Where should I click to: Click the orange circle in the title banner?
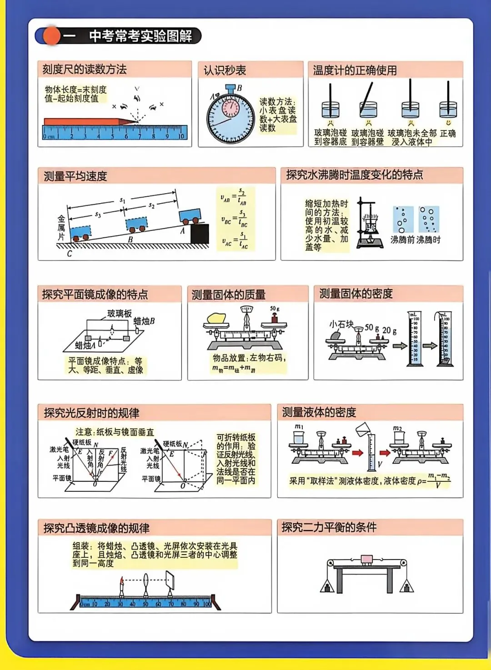tap(51, 36)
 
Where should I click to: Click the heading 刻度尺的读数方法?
tap(85, 70)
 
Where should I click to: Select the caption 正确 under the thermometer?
tap(448, 133)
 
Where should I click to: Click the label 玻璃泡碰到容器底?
tap(331, 137)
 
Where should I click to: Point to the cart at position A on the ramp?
tap(190, 215)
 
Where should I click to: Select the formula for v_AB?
tap(235, 197)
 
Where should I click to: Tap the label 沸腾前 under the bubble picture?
tap(402, 240)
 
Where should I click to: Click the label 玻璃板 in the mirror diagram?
tap(119, 313)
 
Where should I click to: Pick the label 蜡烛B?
tap(144, 321)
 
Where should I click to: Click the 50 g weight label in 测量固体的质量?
tap(275, 309)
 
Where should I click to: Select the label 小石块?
tap(341, 324)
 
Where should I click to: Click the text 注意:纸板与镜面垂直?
tap(115, 432)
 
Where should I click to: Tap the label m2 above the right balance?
tap(397, 428)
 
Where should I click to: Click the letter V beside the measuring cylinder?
tap(380, 464)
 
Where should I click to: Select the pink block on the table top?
tap(366, 559)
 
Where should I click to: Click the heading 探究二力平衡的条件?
tap(329, 527)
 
